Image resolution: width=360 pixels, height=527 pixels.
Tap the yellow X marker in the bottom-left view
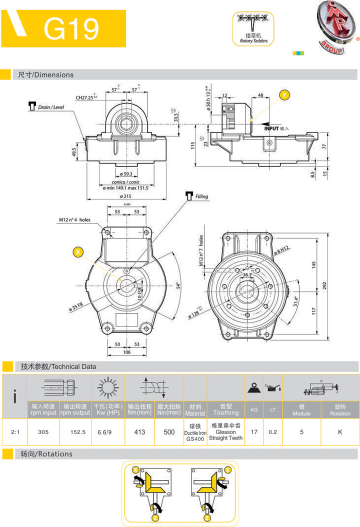click(x=78, y=252)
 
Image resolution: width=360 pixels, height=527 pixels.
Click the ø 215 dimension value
click(x=121, y=197)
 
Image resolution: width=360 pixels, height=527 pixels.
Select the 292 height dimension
click(x=324, y=285)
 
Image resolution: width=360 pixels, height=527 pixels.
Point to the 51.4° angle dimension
click(x=296, y=301)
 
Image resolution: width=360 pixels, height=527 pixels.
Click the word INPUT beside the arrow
click(x=271, y=128)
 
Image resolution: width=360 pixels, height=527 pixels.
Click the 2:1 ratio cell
click(x=15, y=431)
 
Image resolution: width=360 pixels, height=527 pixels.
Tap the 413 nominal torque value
click(x=140, y=431)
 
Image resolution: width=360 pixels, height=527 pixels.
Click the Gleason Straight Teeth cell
click(x=225, y=431)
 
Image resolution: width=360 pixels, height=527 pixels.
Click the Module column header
click(x=301, y=410)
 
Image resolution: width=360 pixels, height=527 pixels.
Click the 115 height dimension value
click(x=191, y=144)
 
